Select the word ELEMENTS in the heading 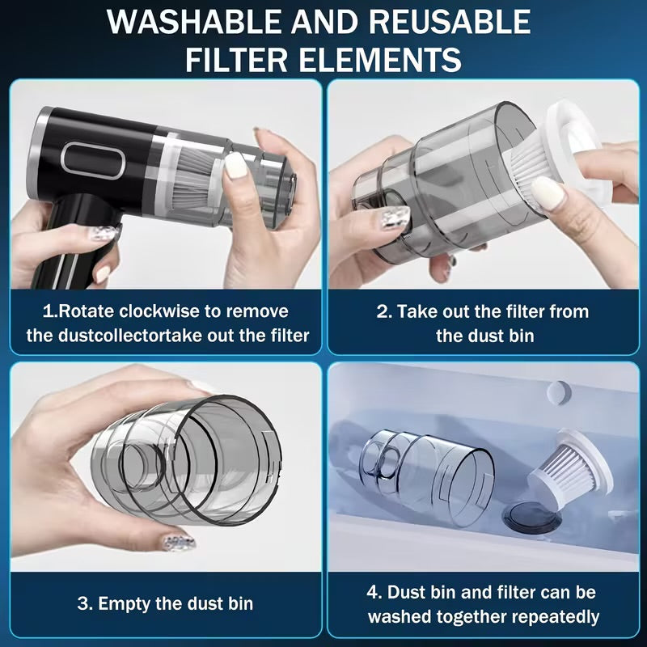[x=377, y=59]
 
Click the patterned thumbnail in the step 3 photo [x=177, y=541]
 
